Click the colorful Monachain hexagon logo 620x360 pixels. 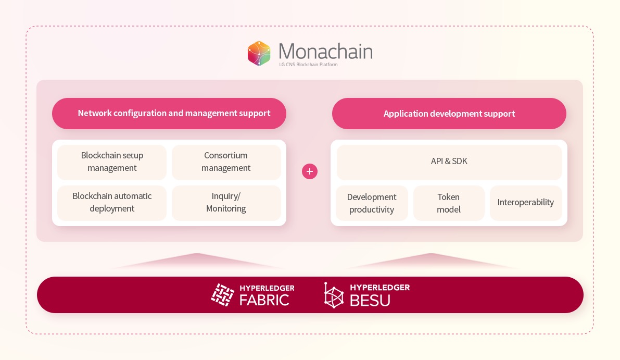[259, 53]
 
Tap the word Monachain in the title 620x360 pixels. [325, 52]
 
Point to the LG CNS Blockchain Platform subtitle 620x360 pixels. [308, 65]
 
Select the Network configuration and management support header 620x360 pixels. [169, 114]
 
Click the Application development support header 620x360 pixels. [449, 114]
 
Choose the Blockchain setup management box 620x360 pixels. [112, 162]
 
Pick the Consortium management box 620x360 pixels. [226, 162]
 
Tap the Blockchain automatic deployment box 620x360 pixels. [112, 203]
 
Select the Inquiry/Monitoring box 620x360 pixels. [226, 203]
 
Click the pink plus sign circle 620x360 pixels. [310, 171]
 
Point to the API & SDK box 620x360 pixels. [449, 162]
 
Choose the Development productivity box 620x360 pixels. [372, 203]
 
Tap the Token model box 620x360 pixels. [449, 203]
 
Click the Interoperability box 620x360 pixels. [526, 203]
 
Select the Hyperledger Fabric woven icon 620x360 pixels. [223, 295]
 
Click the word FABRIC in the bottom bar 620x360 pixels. [264, 300]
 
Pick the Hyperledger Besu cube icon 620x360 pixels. [334, 295]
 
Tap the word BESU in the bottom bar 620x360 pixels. [370, 301]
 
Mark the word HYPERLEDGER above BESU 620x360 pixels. [380, 288]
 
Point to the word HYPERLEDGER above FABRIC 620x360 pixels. [267, 288]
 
